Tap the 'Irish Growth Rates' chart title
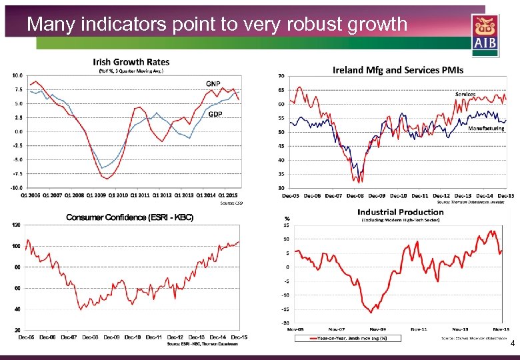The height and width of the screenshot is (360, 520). [131, 62]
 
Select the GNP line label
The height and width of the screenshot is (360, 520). [213, 83]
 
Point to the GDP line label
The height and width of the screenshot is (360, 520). [215, 114]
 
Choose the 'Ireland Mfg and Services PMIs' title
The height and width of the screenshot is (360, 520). [397, 70]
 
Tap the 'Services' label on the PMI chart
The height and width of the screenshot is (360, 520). [465, 94]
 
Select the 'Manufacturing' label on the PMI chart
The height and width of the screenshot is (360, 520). [486, 128]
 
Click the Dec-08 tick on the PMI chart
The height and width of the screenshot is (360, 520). [355, 195]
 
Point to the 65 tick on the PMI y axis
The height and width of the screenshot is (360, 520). [282, 89]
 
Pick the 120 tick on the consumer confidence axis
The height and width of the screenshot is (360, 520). [17, 225]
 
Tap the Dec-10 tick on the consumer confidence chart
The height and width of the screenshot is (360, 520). [132, 337]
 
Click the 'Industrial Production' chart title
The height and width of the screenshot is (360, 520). [400, 212]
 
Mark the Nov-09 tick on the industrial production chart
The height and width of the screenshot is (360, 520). [377, 329]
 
